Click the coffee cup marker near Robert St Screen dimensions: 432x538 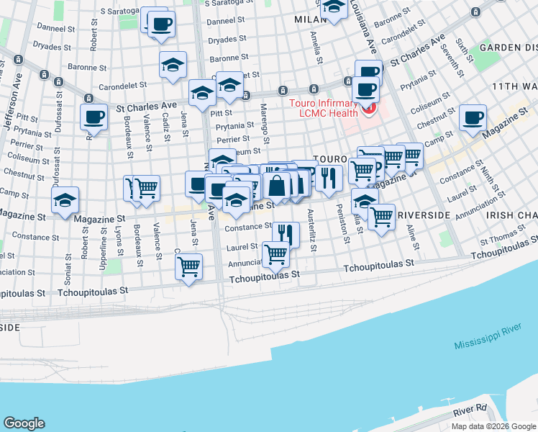coord(94,117)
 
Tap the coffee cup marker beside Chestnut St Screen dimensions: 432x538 coord(473,118)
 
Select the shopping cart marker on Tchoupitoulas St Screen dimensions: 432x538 coord(188,266)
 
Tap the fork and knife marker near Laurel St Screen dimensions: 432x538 coord(286,233)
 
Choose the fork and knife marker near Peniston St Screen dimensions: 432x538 coord(329,177)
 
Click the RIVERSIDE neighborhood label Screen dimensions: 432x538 coord(424,215)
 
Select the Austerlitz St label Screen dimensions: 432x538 coord(311,230)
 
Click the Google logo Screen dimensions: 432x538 coord(24,423)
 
